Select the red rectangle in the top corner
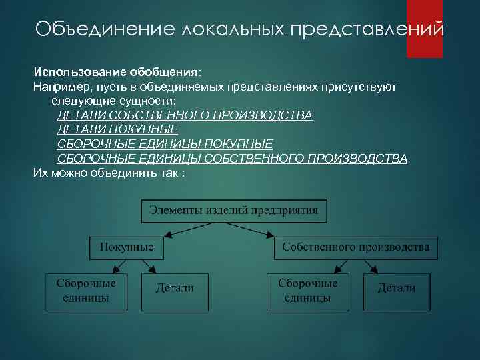click(425, 29)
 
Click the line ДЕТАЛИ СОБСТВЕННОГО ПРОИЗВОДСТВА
click(185, 115)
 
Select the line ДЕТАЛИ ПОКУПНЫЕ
click(118, 129)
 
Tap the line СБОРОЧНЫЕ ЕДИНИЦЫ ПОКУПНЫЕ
click(165, 144)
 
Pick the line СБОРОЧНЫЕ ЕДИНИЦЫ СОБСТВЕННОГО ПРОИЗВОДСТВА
click(232, 159)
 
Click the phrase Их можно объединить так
click(107, 173)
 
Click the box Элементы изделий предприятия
click(233, 211)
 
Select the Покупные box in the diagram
click(127, 247)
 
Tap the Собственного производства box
click(355, 247)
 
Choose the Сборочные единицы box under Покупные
click(86, 291)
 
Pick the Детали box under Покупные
click(175, 289)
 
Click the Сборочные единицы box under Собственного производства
click(308, 291)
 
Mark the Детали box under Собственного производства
click(397, 289)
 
